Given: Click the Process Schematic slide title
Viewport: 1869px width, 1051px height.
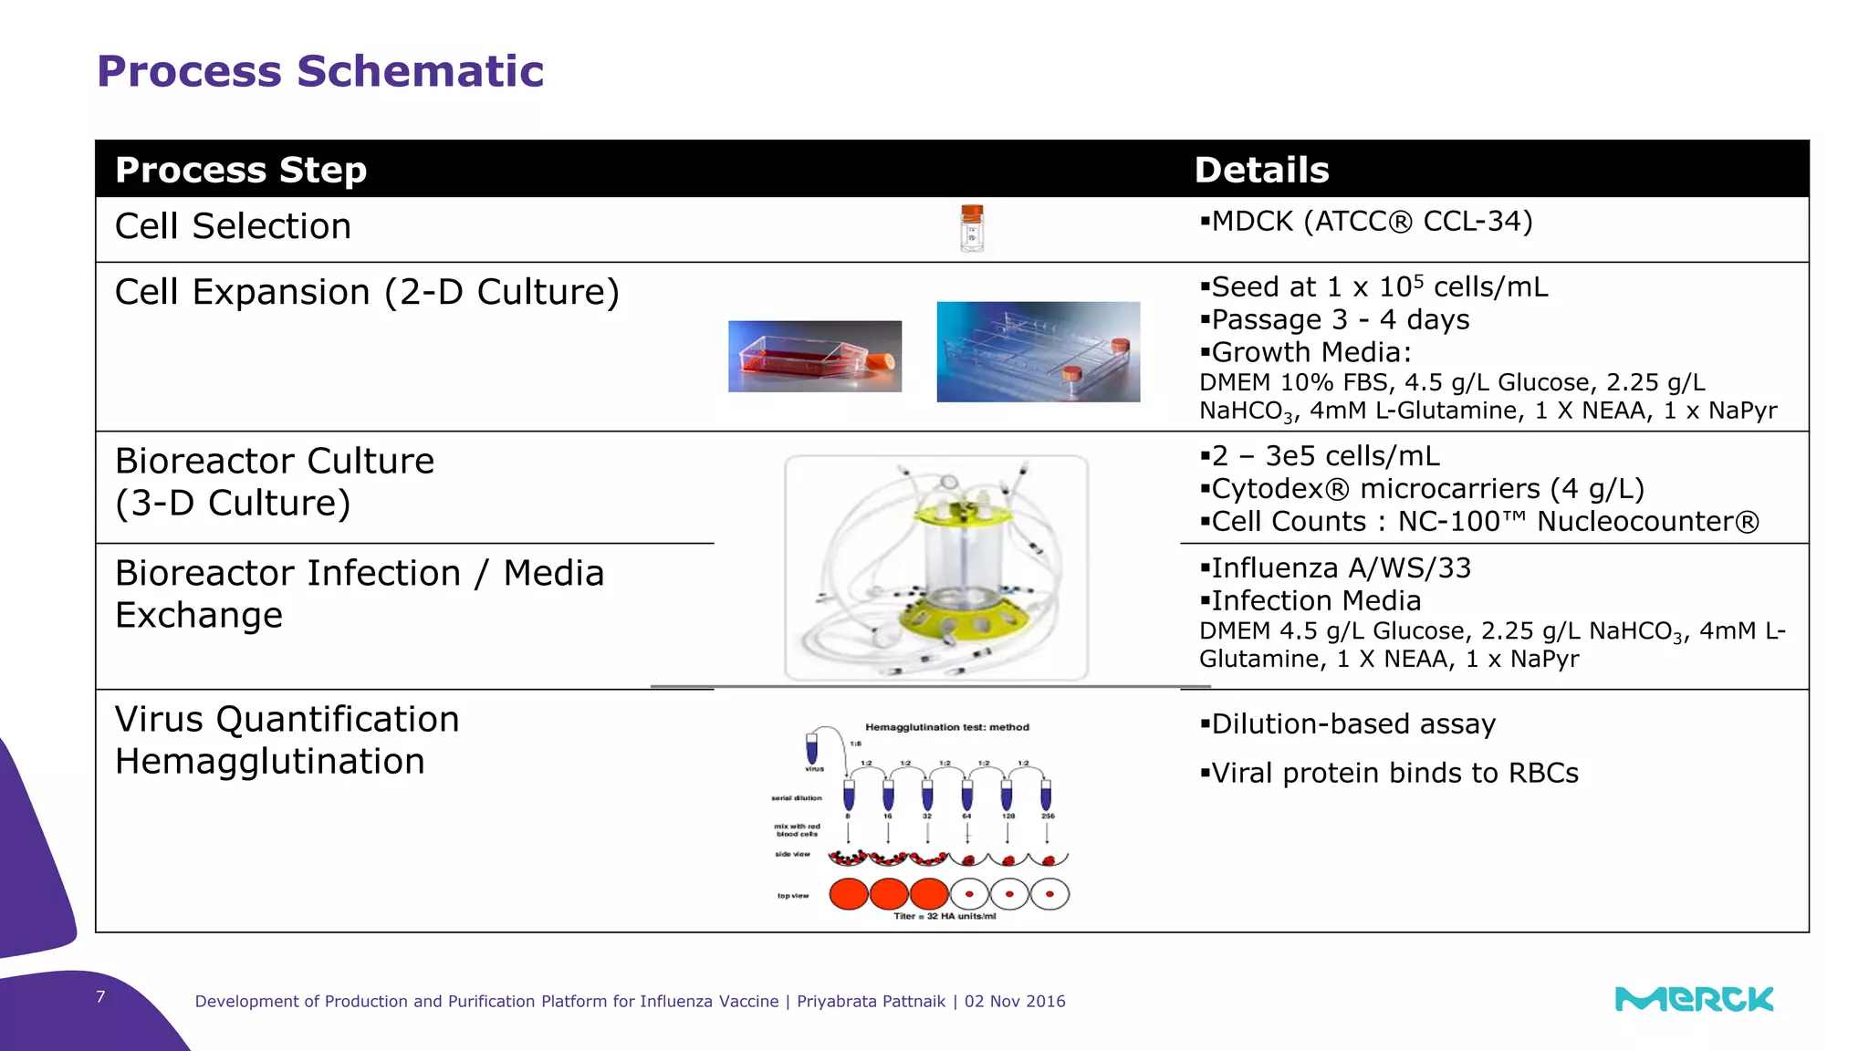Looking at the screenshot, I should coord(319,71).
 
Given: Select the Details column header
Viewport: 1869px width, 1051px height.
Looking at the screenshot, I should coord(1261,171).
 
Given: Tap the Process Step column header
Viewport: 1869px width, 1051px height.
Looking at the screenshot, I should coord(241,171).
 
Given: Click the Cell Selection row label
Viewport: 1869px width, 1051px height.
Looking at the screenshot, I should coord(233,226).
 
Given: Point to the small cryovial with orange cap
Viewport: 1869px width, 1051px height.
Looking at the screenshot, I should coord(972,228).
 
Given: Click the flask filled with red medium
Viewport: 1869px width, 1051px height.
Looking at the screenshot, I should coord(814,357).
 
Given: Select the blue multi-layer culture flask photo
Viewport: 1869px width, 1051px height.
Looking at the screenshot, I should coord(1038,352).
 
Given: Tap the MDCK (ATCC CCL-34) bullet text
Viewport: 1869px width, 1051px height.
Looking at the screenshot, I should coord(1366,222).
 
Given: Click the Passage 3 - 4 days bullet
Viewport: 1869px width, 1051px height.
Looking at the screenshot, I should coord(1334,320).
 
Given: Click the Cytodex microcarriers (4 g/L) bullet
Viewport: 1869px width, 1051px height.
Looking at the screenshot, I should coord(1422,489).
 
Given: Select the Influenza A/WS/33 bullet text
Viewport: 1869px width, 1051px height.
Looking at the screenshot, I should coord(1335,568).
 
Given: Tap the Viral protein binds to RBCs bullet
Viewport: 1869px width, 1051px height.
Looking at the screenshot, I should coord(1389,774).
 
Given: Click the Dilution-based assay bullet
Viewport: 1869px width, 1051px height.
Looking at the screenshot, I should coord(1348,724).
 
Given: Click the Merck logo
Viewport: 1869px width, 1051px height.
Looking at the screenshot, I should coord(1694,1000).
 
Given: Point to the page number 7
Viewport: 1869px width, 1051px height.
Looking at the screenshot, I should coord(100,997).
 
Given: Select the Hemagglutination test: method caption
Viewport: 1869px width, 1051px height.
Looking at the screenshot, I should coord(946,727).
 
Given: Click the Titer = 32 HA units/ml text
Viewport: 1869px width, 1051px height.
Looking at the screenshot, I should coord(945,916).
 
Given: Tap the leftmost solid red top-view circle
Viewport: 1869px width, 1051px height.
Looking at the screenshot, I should coord(848,894).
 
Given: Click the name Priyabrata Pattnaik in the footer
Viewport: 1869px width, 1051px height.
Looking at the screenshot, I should coord(871,1002).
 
